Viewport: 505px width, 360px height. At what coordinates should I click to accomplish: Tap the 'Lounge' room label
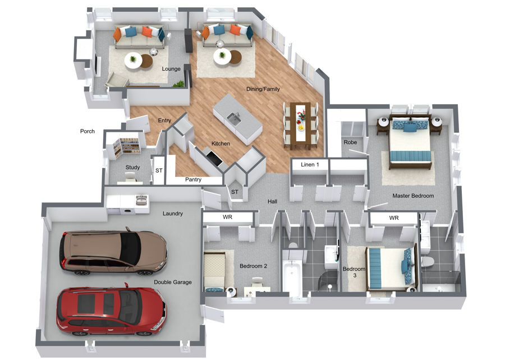coord(171,69)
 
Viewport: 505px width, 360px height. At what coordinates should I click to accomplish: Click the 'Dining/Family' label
coord(263,89)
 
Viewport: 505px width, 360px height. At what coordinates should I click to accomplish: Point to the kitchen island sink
coord(234,119)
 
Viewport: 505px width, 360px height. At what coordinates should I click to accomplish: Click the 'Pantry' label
coord(193,179)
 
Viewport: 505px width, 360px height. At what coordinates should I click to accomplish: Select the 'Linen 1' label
coord(310,165)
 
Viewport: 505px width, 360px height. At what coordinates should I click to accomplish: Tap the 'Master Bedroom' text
coord(413,196)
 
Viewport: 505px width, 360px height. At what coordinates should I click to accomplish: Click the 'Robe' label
coord(350,142)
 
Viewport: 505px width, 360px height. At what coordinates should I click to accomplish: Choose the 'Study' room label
coord(132,167)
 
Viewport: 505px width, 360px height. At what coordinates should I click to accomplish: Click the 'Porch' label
coord(88,131)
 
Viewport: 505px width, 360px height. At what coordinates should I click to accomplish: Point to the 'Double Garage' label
coord(173,282)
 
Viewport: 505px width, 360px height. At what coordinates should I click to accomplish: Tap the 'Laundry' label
coord(173,213)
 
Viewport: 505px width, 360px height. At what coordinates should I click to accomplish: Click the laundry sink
coord(141,200)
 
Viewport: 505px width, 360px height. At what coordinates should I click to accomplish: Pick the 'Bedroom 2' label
coord(253,266)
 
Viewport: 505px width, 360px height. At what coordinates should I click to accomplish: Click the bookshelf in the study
coord(126,147)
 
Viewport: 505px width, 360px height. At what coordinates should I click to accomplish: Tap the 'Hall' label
coord(272,202)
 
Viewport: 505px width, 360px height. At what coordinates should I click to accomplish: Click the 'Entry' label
coord(164,121)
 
